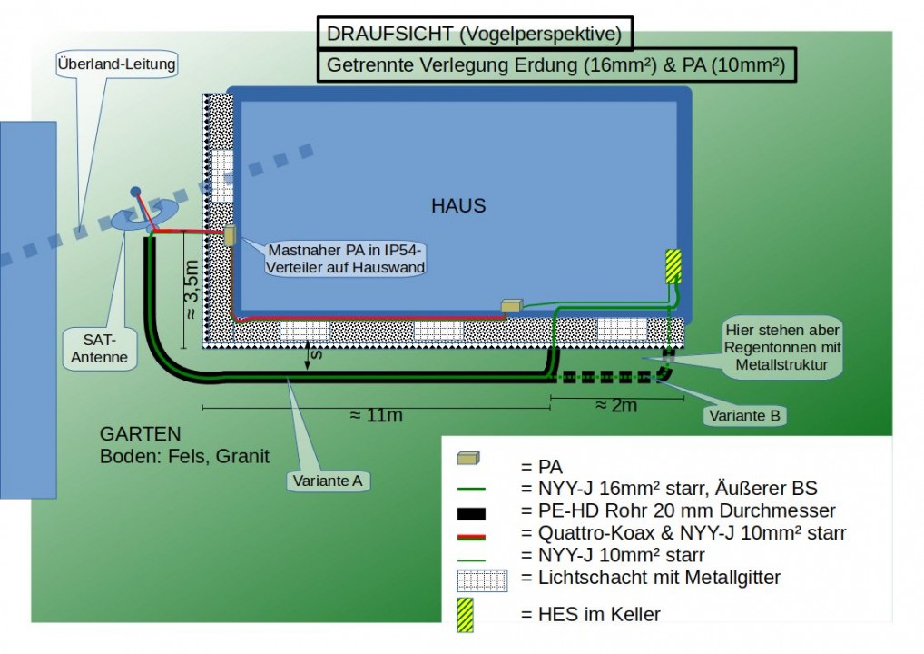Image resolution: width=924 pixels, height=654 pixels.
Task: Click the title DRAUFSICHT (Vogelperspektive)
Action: [x=474, y=35]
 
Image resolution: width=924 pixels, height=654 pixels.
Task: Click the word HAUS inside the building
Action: [x=458, y=206]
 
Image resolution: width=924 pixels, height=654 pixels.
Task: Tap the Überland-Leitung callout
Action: [x=116, y=64]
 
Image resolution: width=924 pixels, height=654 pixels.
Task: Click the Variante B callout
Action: [x=744, y=415]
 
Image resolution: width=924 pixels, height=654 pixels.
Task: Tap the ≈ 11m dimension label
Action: [x=376, y=415]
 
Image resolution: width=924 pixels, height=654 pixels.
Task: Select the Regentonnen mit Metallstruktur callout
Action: [x=782, y=348]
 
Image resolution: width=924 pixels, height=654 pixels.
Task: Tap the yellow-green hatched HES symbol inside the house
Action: [x=673, y=267]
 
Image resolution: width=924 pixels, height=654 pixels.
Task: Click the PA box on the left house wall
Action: [x=230, y=235]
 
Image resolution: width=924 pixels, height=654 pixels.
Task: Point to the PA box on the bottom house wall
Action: [x=512, y=306]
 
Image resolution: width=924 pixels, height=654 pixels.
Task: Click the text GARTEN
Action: [x=141, y=434]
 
